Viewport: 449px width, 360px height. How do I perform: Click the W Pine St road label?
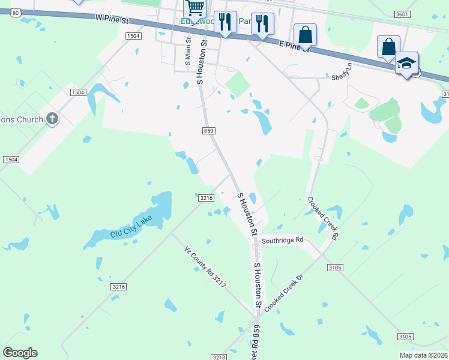pyautogui.click(x=112, y=20)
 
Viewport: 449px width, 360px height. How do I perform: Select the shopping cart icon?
pyautogui.click(x=195, y=8)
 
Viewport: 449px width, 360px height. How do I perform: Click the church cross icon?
pyautogui.click(x=52, y=119)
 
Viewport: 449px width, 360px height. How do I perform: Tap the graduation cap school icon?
pyautogui.click(x=406, y=64)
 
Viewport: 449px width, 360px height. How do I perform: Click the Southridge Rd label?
pyautogui.click(x=283, y=240)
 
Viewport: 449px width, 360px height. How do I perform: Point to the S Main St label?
pyautogui.click(x=188, y=52)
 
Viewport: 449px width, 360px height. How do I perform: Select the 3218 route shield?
pyautogui.click(x=218, y=357)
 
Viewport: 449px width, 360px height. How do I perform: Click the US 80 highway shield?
pyautogui.click(x=16, y=11)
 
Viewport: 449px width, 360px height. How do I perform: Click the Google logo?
pyautogui.click(x=20, y=352)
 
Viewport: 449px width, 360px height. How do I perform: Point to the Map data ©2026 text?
pyautogui.click(x=424, y=355)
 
